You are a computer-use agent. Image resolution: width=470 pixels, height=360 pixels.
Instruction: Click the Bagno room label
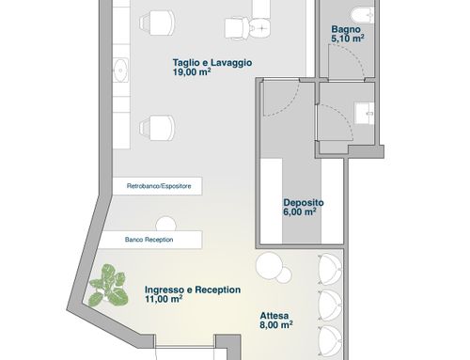click(x=346, y=30)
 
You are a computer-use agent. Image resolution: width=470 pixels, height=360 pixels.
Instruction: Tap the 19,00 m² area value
click(x=192, y=72)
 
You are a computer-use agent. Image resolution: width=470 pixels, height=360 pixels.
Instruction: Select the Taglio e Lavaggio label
click(x=212, y=63)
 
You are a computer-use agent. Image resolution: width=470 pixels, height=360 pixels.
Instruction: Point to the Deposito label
click(x=304, y=203)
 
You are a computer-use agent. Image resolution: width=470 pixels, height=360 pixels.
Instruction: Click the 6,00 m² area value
click(x=300, y=212)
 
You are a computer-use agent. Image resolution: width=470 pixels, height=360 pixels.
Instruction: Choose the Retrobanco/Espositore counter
click(x=157, y=186)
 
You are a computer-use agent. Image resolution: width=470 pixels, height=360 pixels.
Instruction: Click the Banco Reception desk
click(x=150, y=240)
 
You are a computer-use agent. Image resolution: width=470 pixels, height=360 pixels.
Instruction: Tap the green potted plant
click(x=109, y=286)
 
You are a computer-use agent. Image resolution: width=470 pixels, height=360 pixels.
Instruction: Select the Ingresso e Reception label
click(x=193, y=290)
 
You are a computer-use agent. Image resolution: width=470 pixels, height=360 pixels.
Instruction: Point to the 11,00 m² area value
click(x=164, y=299)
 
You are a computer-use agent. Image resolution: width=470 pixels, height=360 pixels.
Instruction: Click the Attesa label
click(x=274, y=316)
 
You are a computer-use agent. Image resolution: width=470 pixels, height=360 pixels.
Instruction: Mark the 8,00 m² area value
click(x=276, y=325)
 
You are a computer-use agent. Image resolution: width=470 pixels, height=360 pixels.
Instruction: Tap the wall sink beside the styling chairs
click(x=120, y=70)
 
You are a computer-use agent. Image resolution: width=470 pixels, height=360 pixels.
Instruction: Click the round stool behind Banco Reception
click(x=165, y=224)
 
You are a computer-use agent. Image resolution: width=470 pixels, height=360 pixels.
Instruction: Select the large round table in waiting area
click(x=269, y=265)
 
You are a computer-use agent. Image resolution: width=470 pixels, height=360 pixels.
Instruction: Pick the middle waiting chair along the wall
click(x=330, y=305)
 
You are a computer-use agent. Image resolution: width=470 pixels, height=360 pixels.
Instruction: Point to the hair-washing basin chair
click(x=247, y=28)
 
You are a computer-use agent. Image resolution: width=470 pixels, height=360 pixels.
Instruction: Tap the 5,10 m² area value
click(x=348, y=39)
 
